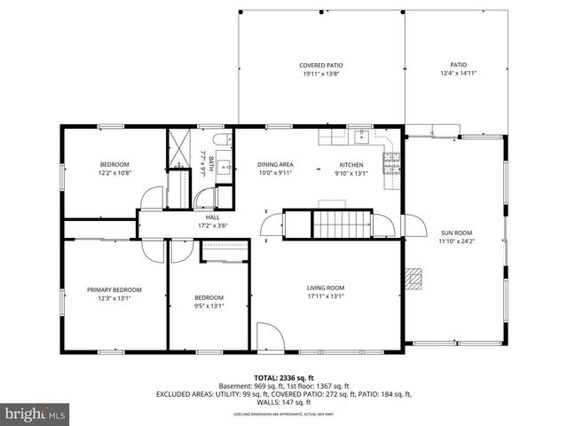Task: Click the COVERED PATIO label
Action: click(x=320, y=66)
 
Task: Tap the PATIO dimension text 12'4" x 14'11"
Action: click(x=458, y=74)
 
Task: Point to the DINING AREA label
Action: click(x=275, y=164)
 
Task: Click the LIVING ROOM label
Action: click(x=326, y=288)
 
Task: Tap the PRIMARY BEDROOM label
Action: click(x=114, y=289)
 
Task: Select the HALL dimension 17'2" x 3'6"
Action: click(x=213, y=225)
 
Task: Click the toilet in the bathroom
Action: click(x=221, y=141)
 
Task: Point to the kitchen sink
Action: click(x=362, y=137)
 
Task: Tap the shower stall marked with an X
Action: click(x=179, y=146)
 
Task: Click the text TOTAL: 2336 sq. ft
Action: click(x=284, y=377)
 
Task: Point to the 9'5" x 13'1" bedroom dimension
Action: click(x=209, y=306)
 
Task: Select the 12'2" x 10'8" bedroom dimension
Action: click(x=114, y=172)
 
